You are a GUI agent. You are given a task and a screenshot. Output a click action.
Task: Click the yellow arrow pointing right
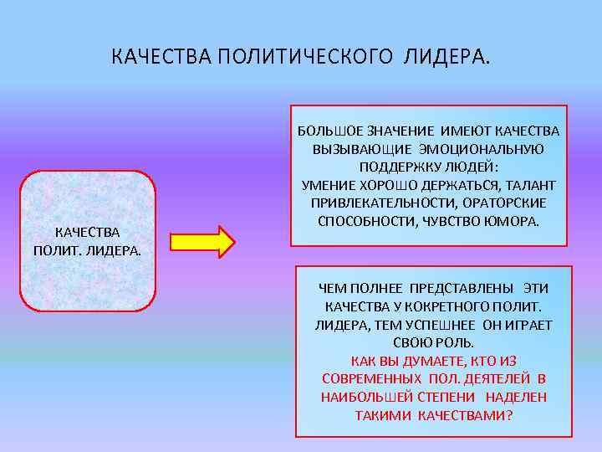tap(204, 240)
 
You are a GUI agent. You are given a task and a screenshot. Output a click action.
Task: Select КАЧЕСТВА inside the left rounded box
tap(87, 232)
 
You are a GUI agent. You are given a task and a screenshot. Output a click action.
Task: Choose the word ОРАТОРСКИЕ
tap(503, 203)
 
